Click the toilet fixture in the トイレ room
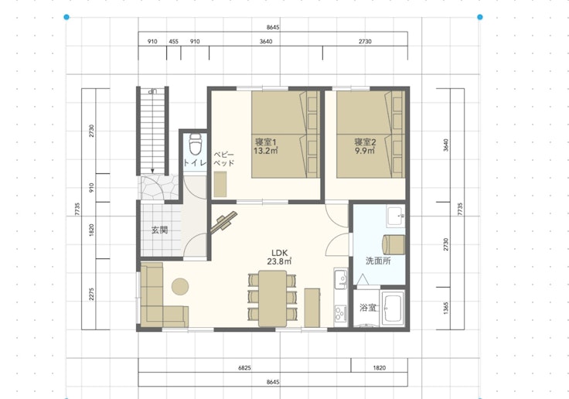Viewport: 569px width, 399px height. click(x=196, y=144)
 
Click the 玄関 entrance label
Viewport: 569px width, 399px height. click(x=160, y=230)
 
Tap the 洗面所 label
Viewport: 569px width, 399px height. click(x=378, y=261)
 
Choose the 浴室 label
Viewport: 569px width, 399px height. click(x=368, y=308)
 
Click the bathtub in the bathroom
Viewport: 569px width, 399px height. click(x=394, y=309)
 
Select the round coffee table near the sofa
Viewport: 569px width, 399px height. click(x=180, y=286)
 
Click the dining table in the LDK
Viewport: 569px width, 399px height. click(x=273, y=298)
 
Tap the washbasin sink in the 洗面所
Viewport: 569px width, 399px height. click(x=396, y=217)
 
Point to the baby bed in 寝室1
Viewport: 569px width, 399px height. click(x=220, y=185)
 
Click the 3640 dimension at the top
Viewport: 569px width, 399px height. click(x=266, y=42)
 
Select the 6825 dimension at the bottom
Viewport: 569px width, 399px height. click(x=244, y=368)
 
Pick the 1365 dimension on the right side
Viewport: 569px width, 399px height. click(x=446, y=309)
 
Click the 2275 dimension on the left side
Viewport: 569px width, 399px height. click(x=91, y=294)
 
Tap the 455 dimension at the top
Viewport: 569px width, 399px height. click(x=173, y=42)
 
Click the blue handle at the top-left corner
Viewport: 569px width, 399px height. click(x=66, y=17)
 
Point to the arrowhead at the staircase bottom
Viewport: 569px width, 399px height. click(x=153, y=171)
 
